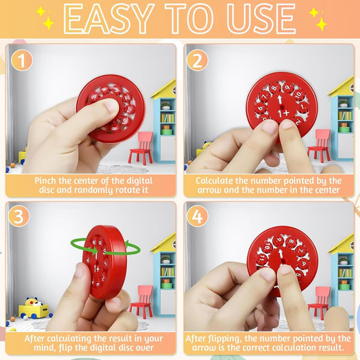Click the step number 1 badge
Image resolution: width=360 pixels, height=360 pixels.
pyautogui.click(x=22, y=60)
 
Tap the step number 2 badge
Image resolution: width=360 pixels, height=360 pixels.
pyautogui.click(x=197, y=60)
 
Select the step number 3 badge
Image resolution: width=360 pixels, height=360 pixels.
pyautogui.click(x=19, y=216)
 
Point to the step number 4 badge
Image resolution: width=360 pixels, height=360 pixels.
pyautogui.click(x=197, y=216)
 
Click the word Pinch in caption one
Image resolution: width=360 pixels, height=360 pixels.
pyautogui.click(x=45, y=181)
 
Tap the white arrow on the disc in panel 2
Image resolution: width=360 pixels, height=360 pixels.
pyautogui.click(x=280, y=100)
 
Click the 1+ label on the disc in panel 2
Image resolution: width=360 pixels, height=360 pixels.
pyautogui.click(x=284, y=113)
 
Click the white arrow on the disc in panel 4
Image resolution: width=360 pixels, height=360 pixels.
pyautogui.click(x=280, y=254)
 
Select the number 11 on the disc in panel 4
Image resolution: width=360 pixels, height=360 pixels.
pyautogui.click(x=262, y=259)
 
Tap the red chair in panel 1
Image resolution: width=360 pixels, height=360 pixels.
pyautogui.click(x=141, y=148)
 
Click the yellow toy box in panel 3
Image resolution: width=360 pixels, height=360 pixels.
pyautogui.click(x=34, y=309)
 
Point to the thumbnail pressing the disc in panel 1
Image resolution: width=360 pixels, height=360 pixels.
pyautogui.click(x=111, y=106)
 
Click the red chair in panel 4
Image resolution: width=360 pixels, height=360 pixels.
pyautogui.click(x=320, y=303)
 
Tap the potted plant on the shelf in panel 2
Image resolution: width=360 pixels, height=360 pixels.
pyautogui.click(x=343, y=104)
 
